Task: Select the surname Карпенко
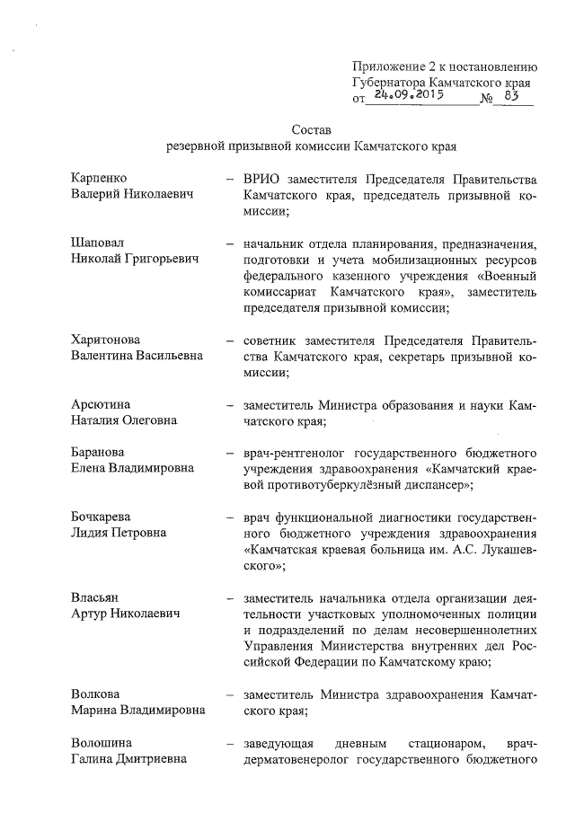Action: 99,179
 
